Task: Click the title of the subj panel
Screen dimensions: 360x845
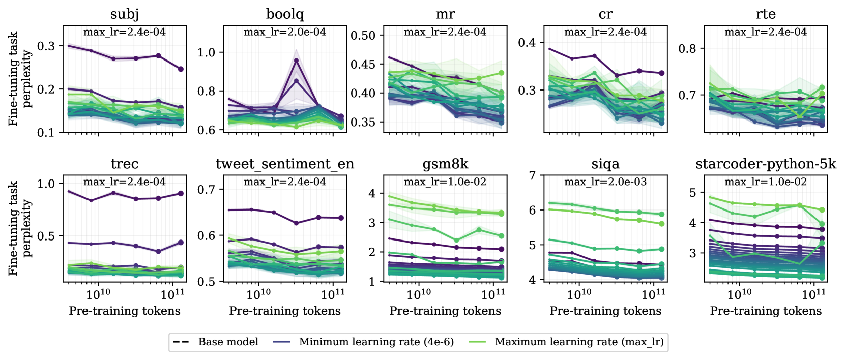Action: click(125, 14)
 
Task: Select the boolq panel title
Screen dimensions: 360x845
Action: click(285, 14)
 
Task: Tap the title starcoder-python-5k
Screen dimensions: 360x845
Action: click(766, 164)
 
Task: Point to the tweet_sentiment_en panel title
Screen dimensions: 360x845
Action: click(285, 164)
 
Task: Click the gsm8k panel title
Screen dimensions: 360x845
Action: click(445, 164)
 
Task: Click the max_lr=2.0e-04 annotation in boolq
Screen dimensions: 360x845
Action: click(285, 32)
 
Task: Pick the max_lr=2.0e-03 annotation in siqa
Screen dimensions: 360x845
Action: click(605, 182)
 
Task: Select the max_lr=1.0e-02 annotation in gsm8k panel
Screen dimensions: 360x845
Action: click(445, 182)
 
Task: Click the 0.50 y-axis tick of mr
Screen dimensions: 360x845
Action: click(363, 36)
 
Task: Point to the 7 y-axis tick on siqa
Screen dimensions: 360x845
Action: click(532, 176)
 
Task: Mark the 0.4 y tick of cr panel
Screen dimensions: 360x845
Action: click(527, 42)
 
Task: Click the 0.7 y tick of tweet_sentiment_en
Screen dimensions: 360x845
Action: click(206, 190)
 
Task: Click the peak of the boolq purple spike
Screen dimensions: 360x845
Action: click(296, 61)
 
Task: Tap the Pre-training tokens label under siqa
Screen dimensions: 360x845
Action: click(605, 311)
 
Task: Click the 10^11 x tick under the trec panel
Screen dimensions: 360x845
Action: click(173, 294)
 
